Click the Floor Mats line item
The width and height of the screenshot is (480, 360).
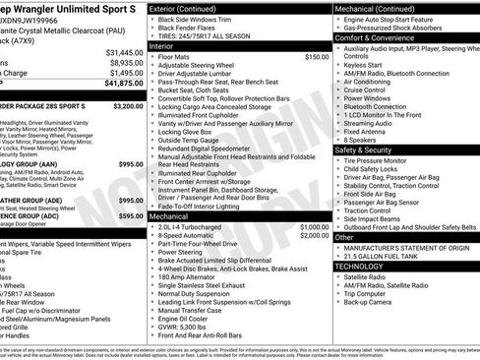177,57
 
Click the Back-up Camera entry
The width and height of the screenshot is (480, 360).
374,303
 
